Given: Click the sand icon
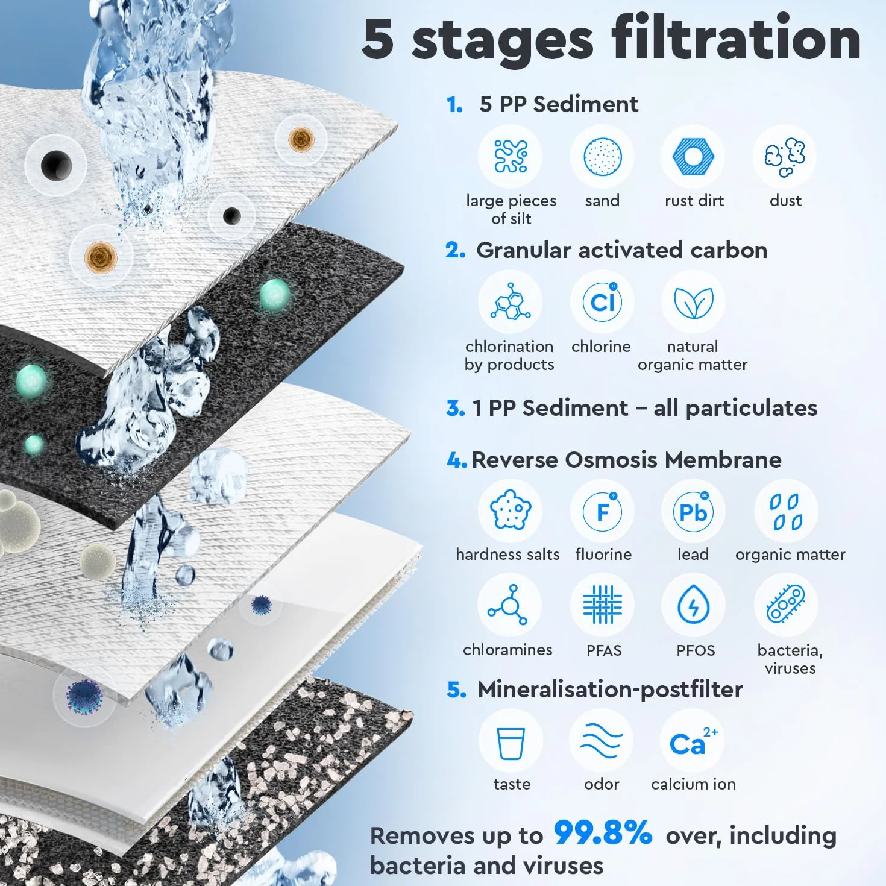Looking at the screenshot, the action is (x=602, y=156).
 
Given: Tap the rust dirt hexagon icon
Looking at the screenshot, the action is (x=693, y=156).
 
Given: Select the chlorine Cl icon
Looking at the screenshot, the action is (x=602, y=301).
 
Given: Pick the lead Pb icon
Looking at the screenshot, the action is (x=693, y=511).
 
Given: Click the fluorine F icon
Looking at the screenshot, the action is (x=602, y=511).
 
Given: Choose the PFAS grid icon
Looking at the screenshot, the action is (x=602, y=604).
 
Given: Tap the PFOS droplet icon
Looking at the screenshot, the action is (x=693, y=604).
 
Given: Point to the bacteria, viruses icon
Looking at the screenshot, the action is (x=786, y=604).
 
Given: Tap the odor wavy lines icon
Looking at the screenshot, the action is (x=602, y=741).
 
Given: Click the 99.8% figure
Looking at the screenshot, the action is (x=603, y=832).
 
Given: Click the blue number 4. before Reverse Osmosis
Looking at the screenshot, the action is (x=457, y=460).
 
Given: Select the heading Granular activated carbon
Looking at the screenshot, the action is (x=621, y=251).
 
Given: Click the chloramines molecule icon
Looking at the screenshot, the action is (x=509, y=604).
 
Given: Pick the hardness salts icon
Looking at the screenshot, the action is (x=511, y=511).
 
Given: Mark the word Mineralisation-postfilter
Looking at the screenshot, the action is (x=610, y=690).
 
